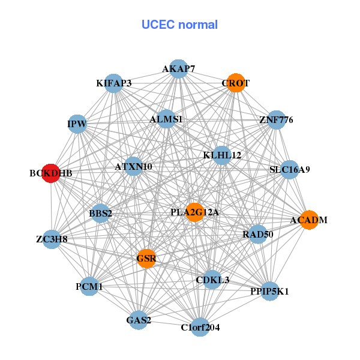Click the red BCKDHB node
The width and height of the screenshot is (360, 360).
[51, 173]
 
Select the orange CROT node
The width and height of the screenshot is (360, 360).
[237, 83]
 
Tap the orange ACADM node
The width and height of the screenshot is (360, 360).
[308, 220]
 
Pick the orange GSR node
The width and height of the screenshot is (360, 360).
[146, 259]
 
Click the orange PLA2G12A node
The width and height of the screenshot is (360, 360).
[195, 212]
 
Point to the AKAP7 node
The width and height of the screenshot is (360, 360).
[178, 69]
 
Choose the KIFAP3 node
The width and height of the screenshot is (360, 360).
[114, 83]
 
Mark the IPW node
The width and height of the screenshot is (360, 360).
[77, 124]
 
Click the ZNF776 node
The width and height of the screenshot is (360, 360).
[275, 120]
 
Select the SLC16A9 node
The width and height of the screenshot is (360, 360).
[289, 169]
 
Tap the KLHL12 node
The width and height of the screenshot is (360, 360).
[222, 155]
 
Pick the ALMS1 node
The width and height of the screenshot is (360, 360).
[166, 119]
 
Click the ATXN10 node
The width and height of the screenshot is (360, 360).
[134, 166]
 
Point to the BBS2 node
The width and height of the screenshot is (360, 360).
[100, 213]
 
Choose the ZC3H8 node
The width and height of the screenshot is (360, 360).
[52, 239]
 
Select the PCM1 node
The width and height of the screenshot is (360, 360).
[89, 287]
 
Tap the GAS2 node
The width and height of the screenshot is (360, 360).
[139, 320]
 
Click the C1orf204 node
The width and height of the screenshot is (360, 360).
[200, 327]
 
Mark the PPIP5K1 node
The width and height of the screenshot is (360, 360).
[270, 292]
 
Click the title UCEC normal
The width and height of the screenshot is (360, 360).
[179, 25]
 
